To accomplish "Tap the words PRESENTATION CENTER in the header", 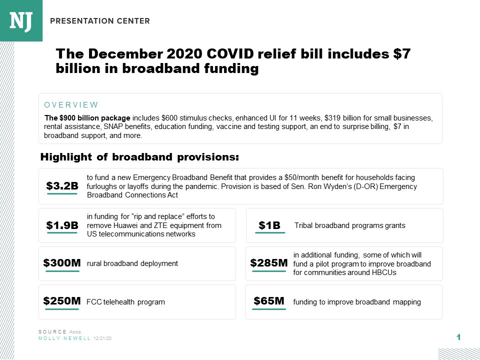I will pos(99,21).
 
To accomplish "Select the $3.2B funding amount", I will pos(62,186).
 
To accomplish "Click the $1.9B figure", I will pos(62,225).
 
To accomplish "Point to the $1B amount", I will pos(269,225).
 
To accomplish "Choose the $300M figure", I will pos(62,263).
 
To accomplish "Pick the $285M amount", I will pos(269,263).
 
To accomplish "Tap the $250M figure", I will pos(62,301).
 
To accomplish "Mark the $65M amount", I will pos(269,301).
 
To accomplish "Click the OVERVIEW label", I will pos(71,105).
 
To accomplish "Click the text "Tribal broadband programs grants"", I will pos(349,225).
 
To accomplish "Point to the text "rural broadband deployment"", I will pos(132,263).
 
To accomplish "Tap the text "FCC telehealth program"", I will pos(125,302).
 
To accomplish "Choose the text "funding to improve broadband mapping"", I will pos(357,302).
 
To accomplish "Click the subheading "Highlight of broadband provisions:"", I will pos(139,157).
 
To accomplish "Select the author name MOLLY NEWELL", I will pos(64,338).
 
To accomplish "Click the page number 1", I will pos(458,337).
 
